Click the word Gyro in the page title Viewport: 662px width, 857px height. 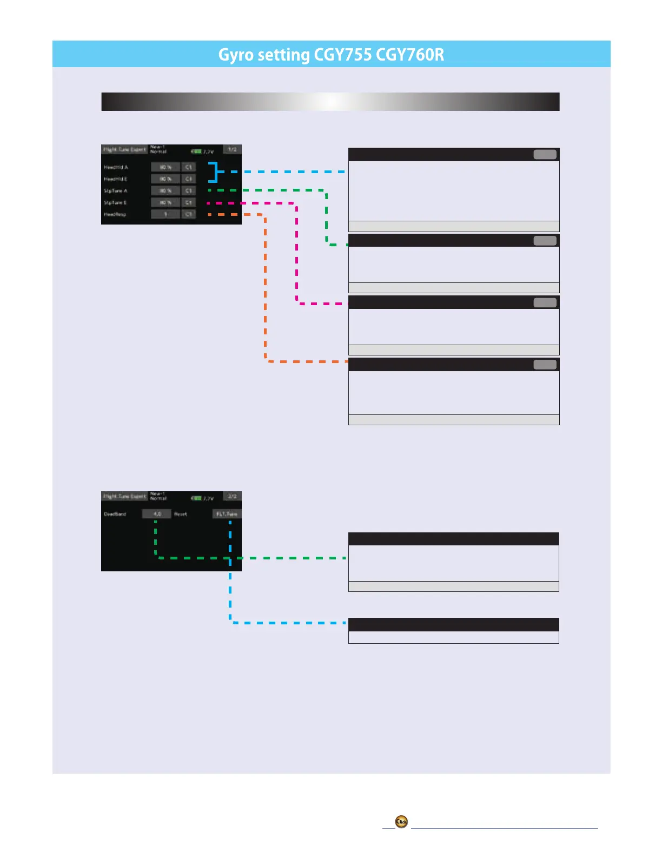coord(236,55)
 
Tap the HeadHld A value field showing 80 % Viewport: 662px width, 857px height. coord(165,167)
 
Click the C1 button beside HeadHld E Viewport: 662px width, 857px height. coord(188,179)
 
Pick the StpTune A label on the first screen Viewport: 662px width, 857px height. coord(116,191)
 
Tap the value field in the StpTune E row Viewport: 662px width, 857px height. coord(165,202)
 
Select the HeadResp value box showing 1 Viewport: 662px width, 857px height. coord(165,214)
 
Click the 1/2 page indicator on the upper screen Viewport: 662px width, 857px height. coord(232,149)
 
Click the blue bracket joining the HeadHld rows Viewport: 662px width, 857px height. coord(215,172)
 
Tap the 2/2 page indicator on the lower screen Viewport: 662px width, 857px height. coord(232,496)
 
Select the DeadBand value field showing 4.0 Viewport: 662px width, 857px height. coord(157,514)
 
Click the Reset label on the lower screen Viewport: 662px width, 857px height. coord(181,514)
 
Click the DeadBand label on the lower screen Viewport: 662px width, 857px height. coord(115,514)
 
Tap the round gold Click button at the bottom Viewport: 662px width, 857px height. coord(401,822)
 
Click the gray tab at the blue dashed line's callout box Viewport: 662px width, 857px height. coord(545,155)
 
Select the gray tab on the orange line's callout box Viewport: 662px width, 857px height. coord(545,365)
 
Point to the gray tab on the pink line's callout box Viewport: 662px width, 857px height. coord(545,302)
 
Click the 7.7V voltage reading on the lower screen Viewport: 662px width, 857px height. coord(208,498)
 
